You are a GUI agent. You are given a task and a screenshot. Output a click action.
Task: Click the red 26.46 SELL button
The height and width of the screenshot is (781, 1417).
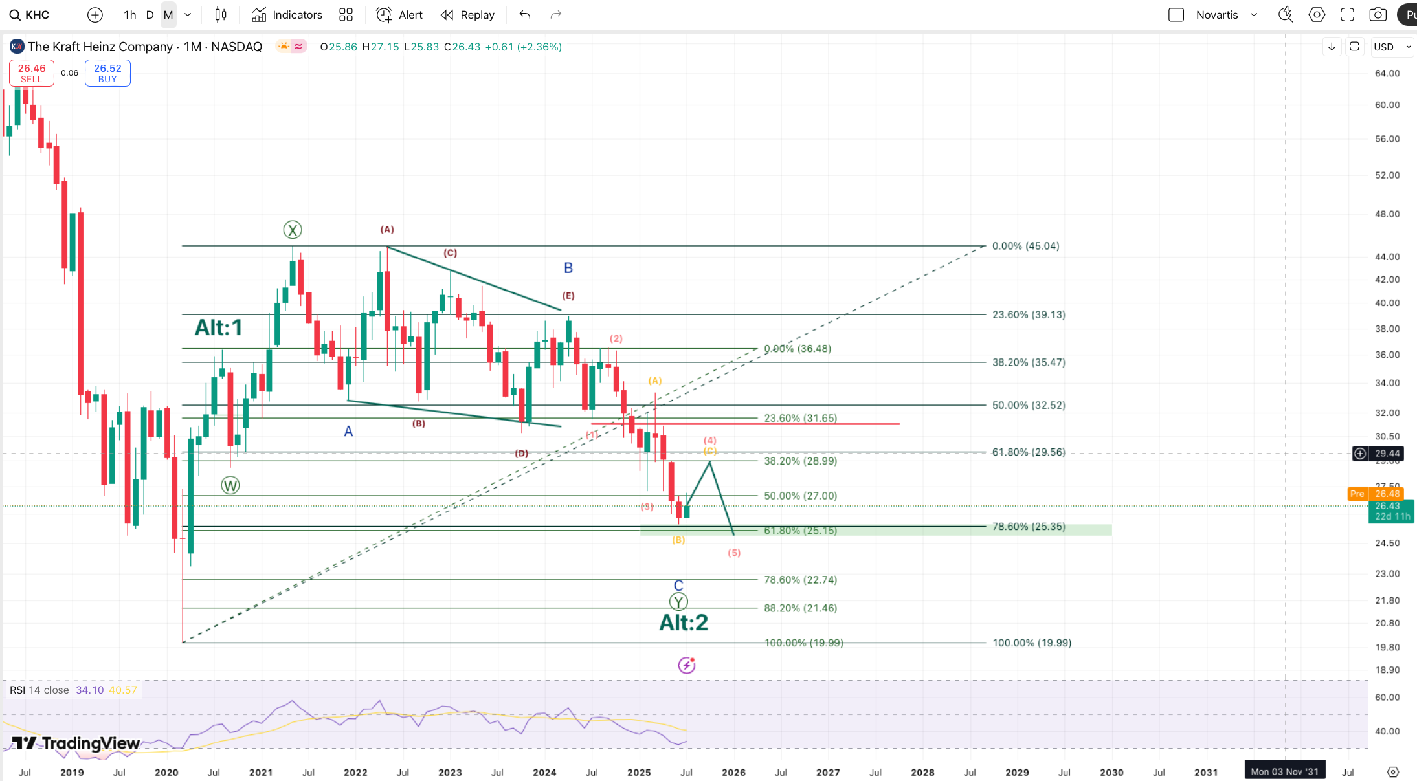point(31,73)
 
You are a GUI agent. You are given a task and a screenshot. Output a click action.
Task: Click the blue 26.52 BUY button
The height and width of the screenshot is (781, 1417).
point(107,73)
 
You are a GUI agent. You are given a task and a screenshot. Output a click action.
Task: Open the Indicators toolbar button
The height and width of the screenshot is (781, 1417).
point(287,15)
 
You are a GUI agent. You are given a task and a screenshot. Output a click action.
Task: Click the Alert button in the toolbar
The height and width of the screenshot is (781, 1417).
point(399,15)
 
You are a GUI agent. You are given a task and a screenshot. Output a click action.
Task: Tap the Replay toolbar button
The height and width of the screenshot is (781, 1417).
point(467,15)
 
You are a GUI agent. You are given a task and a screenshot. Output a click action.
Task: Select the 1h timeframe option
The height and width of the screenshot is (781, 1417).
point(129,15)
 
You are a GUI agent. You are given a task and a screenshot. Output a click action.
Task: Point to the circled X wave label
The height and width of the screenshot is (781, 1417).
point(293,230)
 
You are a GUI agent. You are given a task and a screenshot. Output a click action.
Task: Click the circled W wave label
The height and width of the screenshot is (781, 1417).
point(230,485)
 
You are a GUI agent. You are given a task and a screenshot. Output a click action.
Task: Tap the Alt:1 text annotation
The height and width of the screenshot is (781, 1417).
point(219,327)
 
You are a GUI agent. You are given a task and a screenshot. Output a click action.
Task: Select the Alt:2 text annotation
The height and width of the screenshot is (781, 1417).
point(684,622)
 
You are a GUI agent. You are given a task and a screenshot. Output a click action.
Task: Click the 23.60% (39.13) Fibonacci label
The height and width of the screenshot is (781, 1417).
point(1029,315)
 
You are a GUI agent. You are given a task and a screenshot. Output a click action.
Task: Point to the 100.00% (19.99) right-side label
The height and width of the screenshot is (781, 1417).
point(1032,643)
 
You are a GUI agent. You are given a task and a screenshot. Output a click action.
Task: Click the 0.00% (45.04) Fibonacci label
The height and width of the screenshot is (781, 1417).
point(1025,247)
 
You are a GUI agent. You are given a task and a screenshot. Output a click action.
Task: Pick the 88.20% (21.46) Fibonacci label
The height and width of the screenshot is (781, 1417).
point(800,608)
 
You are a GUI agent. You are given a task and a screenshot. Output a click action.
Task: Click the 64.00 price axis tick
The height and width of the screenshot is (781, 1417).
point(1387,74)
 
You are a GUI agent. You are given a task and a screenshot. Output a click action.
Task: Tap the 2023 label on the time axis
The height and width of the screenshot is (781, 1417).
point(450,773)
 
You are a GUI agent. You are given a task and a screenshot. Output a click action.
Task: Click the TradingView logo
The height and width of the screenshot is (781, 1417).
point(76,743)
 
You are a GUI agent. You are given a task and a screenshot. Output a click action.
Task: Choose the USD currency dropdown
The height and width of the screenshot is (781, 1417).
point(1390,47)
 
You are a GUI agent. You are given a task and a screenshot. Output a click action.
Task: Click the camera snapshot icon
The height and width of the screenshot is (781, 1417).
point(1378,15)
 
